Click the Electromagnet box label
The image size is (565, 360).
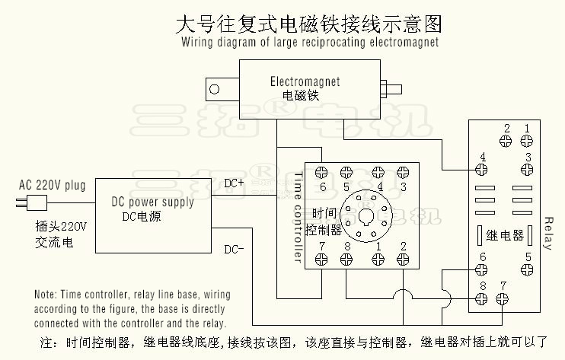pyautogui.click(x=305, y=81)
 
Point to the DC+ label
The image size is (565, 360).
pyautogui.click(x=234, y=183)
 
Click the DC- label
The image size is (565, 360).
pyautogui.click(x=234, y=249)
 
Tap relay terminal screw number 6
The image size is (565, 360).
pyautogui.click(x=481, y=269)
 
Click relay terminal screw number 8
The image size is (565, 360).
pyautogui.click(x=482, y=298)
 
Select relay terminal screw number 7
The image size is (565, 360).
pyautogui.click(x=502, y=298)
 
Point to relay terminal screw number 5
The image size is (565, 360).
pyautogui.click(x=527, y=269)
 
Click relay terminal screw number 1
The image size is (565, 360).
pyautogui.click(x=526, y=140)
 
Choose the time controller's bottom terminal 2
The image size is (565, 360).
pyautogui.click(x=404, y=259)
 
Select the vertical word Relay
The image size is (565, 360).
pyautogui.click(x=548, y=234)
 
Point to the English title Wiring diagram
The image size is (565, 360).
pyautogui.click(x=310, y=43)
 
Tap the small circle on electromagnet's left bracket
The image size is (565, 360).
pyautogui.click(x=215, y=88)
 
